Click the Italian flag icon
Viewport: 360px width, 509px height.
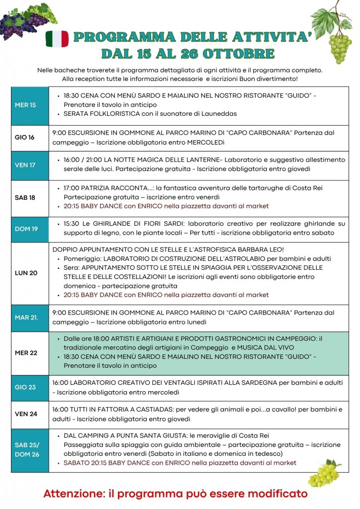[57, 39]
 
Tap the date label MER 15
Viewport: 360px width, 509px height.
[25, 105]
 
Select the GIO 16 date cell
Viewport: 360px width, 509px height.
[24, 137]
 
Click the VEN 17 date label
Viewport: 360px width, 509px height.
[25, 165]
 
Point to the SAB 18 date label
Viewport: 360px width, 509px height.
[25, 197]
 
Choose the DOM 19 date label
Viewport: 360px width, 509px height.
[26, 229]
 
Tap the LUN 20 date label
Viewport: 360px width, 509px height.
[26, 273]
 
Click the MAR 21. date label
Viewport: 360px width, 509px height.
[26, 317]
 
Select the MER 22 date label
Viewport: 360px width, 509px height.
[26, 352]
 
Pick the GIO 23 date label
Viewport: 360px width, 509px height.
[25, 387]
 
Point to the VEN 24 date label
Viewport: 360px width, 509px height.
[26, 414]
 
